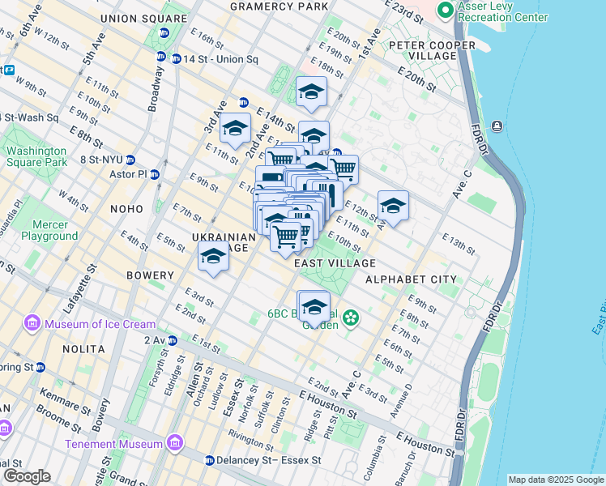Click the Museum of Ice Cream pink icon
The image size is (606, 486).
[33, 324]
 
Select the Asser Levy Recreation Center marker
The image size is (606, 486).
[445, 11]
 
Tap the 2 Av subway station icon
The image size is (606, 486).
[173, 340]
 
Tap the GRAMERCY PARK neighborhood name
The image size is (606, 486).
[279, 6]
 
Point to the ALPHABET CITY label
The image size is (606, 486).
[411, 279]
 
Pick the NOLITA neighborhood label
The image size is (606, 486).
[83, 349]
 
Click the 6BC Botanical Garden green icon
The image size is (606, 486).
[351, 318]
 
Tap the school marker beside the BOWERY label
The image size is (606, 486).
[213, 257]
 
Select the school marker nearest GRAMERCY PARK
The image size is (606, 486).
[311, 92]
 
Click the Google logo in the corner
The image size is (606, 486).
[27, 476]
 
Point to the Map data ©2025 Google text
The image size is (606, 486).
[555, 480]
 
